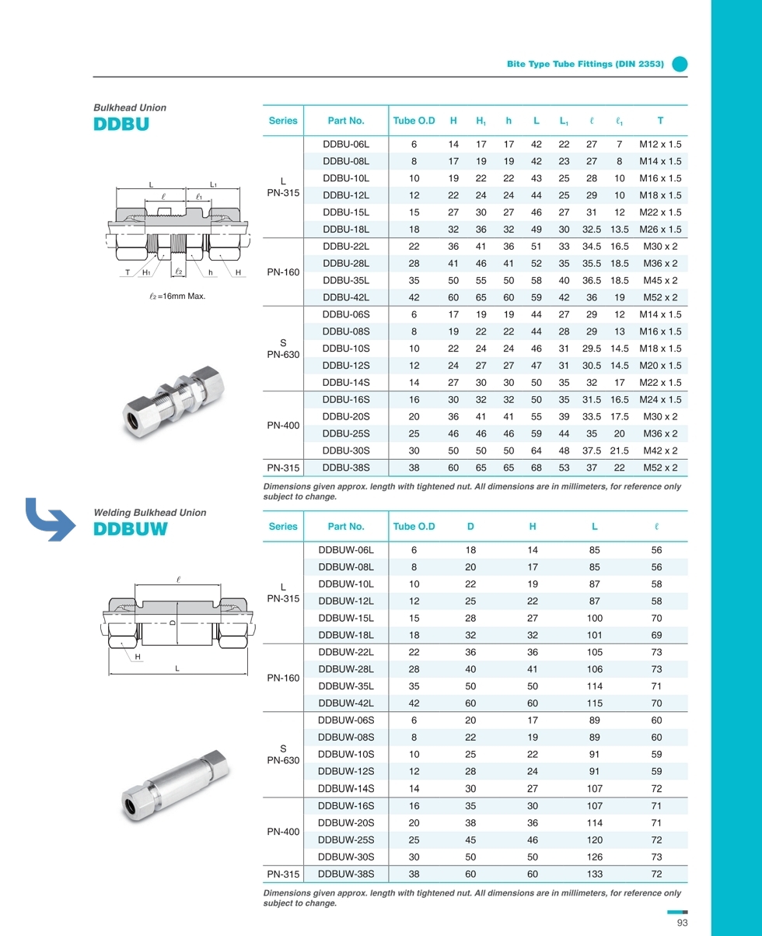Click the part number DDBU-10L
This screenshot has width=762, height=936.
(x=345, y=178)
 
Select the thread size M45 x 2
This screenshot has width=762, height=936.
(x=659, y=280)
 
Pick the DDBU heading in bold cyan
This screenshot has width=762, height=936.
(x=121, y=124)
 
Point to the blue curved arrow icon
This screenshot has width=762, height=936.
(x=51, y=518)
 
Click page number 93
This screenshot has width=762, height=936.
(x=683, y=923)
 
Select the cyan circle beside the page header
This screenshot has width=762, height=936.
(x=680, y=65)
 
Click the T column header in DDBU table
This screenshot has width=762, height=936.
(x=659, y=121)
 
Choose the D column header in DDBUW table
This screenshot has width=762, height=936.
(x=470, y=526)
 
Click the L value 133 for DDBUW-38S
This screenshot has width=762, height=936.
(x=594, y=874)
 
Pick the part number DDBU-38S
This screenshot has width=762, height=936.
(x=345, y=468)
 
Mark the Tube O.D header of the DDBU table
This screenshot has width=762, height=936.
(x=414, y=121)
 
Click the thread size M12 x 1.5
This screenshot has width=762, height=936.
(x=659, y=145)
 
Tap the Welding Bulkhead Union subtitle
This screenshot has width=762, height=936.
(x=149, y=512)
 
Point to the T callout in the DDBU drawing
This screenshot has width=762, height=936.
(x=128, y=272)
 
